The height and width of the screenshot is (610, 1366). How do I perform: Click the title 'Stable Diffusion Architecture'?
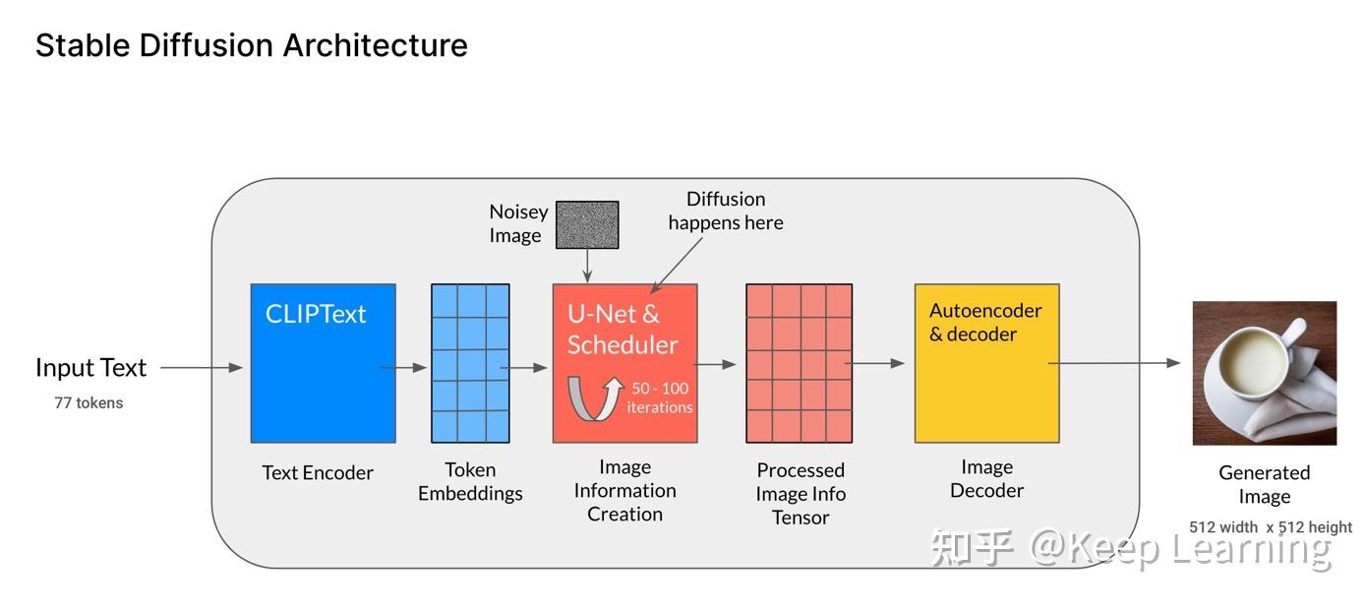tap(251, 45)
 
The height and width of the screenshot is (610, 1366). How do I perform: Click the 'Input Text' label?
tap(90, 368)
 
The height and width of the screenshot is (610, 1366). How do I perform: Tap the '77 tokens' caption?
tap(89, 402)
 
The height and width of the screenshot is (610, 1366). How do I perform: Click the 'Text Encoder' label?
tap(317, 472)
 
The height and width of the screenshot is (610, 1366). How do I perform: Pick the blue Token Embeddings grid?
tap(470, 363)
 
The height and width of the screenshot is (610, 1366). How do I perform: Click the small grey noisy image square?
tap(587, 224)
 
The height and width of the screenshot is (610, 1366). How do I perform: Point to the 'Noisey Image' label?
tap(517, 223)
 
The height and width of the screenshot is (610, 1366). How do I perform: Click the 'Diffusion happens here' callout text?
tap(726, 211)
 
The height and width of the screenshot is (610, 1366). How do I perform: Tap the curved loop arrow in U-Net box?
tap(594, 398)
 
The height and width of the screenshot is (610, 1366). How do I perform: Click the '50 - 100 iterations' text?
tap(660, 397)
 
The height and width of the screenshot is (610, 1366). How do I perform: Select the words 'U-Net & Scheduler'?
tap(623, 330)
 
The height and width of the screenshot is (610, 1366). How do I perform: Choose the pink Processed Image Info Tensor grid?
tap(799, 363)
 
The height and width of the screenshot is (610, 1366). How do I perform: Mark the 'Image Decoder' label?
tap(986, 478)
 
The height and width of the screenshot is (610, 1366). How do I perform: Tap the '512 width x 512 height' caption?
tap(1270, 527)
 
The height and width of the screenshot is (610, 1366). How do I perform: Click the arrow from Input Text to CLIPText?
tap(201, 368)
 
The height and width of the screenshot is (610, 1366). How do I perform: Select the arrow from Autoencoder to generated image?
tap(1117, 363)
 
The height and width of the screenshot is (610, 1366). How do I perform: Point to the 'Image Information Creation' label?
tap(624, 490)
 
